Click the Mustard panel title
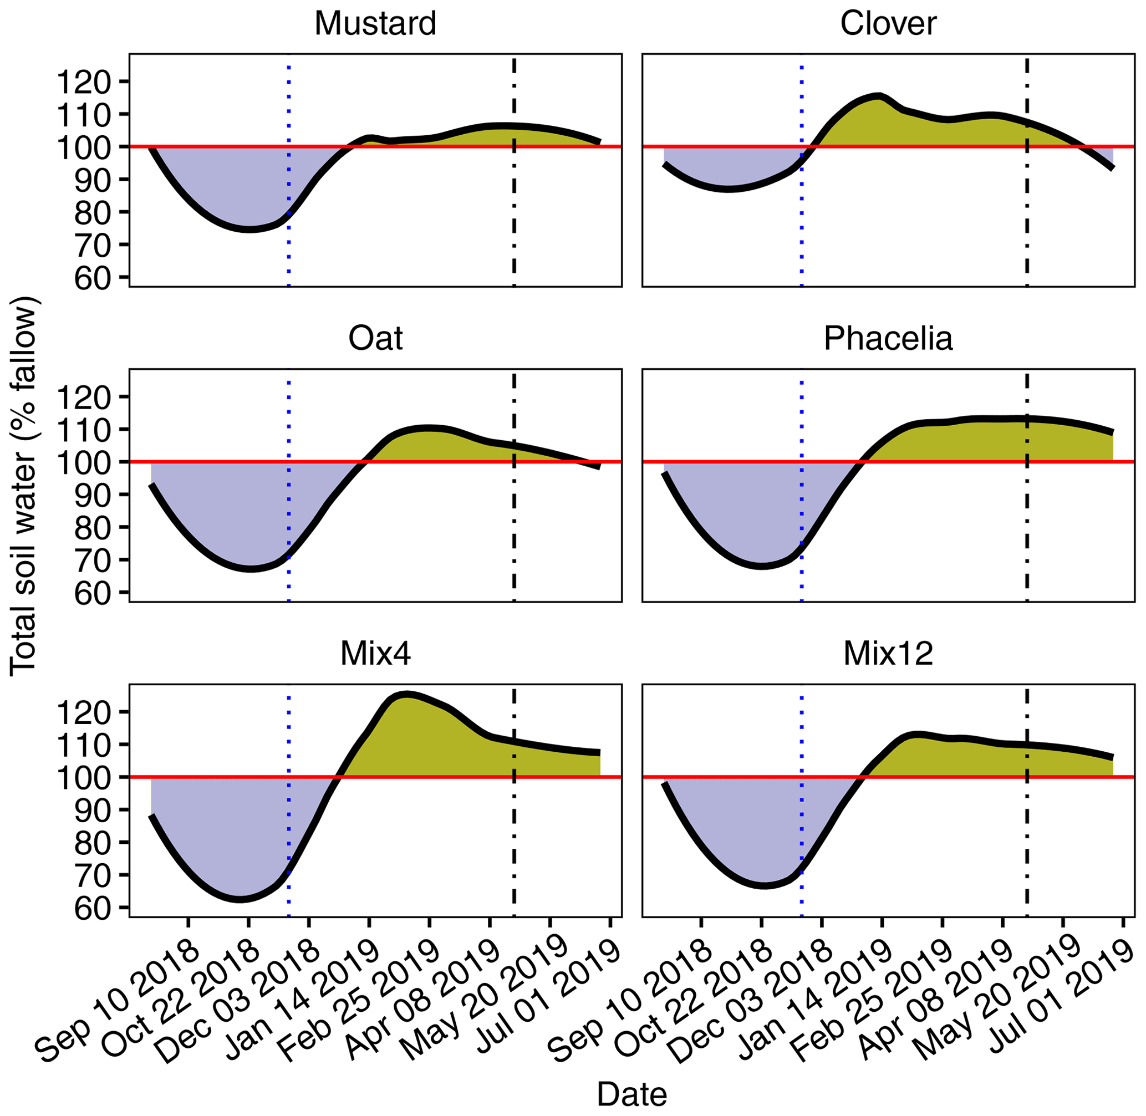(x=375, y=24)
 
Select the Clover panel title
(x=888, y=24)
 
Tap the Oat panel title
(x=375, y=339)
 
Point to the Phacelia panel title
(x=888, y=339)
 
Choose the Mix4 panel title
(x=375, y=654)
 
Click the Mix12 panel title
(x=888, y=654)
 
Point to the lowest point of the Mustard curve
(x=249, y=229)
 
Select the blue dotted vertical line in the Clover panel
(x=801, y=235)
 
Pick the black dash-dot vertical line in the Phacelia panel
(x=1027, y=528)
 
